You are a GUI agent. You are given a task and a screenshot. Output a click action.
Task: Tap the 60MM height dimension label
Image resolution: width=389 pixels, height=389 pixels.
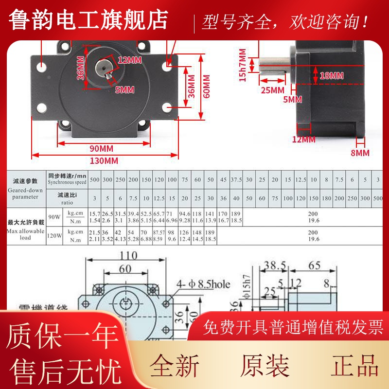coord(206,86)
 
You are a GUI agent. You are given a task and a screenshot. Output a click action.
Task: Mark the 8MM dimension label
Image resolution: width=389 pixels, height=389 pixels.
coord(360,153)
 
